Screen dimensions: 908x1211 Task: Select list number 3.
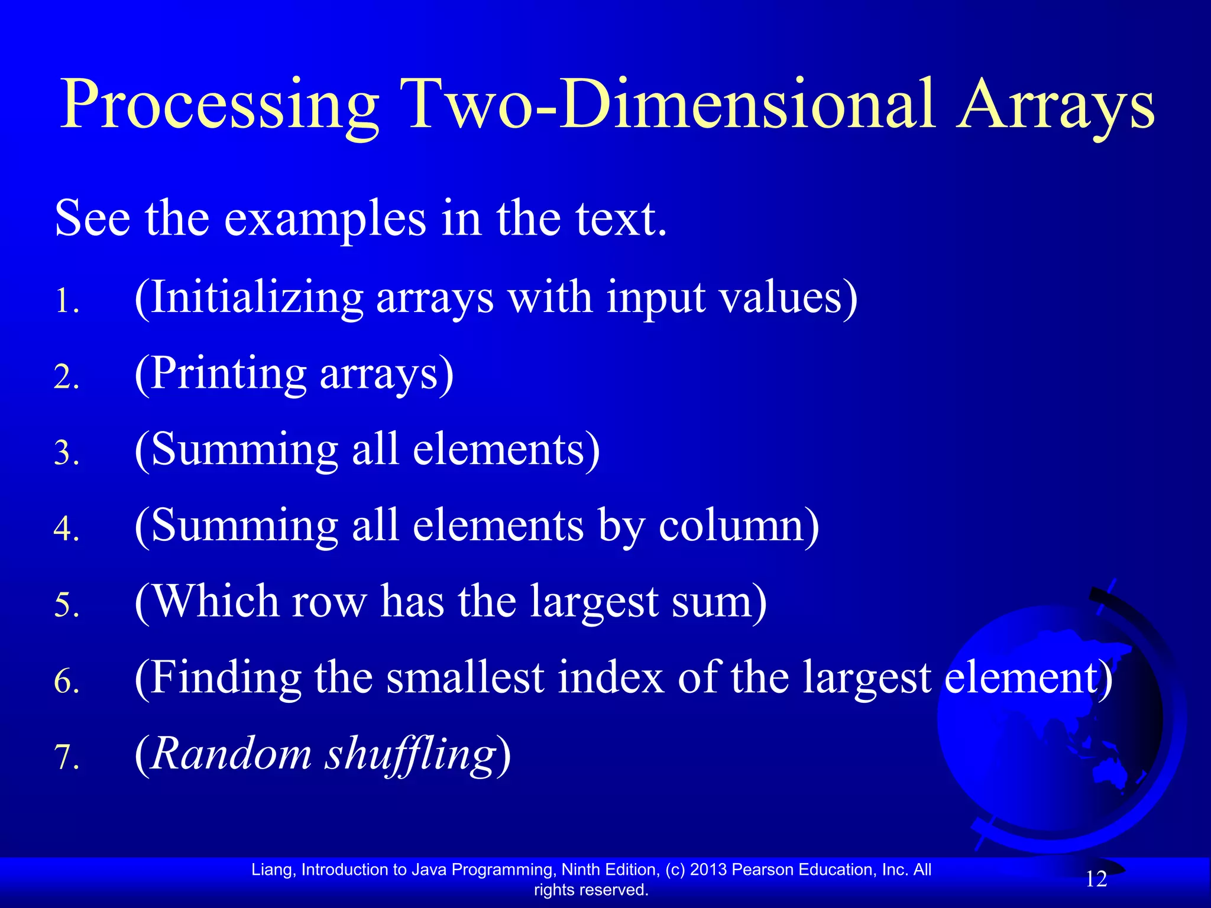(66, 453)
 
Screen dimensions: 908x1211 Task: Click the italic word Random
(231, 754)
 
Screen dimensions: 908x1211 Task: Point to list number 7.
(66, 757)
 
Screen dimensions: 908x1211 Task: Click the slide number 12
(1096, 880)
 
